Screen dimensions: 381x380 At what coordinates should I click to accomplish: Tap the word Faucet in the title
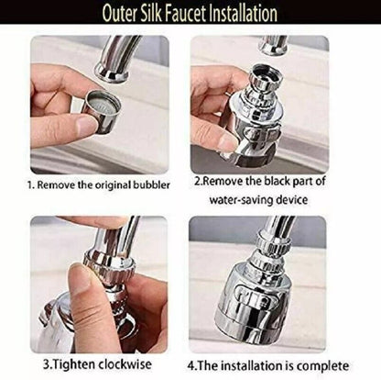point(187,14)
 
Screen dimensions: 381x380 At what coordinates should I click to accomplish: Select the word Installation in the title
point(244,14)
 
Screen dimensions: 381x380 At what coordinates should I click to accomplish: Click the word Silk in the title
point(153,14)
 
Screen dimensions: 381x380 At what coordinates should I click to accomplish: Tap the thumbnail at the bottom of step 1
point(87,125)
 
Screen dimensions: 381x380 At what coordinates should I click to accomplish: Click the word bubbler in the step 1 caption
point(151,185)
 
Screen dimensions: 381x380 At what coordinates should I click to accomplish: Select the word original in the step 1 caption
point(113,185)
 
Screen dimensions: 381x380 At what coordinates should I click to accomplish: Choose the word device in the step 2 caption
point(291,199)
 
